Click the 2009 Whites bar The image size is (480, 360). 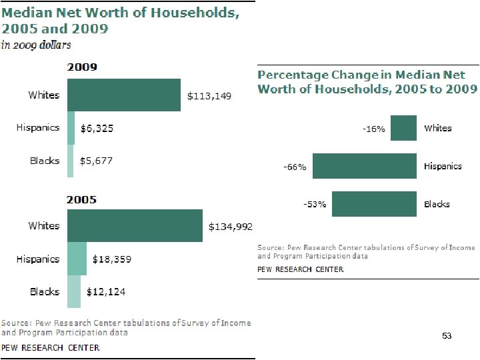(x=123, y=95)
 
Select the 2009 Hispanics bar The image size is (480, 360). (x=71, y=128)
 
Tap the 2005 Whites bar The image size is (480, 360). (x=135, y=226)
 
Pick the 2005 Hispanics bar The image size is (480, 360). (x=77, y=259)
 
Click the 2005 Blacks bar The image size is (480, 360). (x=73, y=291)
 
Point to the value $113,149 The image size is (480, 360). (x=209, y=96)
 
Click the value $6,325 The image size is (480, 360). (x=97, y=129)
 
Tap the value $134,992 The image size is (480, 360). (x=231, y=227)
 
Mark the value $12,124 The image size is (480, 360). (x=105, y=292)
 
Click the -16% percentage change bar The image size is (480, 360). (x=403, y=128)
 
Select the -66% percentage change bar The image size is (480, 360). (x=365, y=166)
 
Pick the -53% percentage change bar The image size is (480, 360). (x=374, y=204)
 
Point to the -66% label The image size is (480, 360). (x=295, y=167)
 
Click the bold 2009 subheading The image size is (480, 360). (x=81, y=67)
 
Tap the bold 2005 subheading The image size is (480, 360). (x=81, y=199)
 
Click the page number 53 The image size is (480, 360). (x=447, y=336)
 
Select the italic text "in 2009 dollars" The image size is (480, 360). (x=36, y=45)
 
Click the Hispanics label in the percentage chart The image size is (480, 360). (x=443, y=166)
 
